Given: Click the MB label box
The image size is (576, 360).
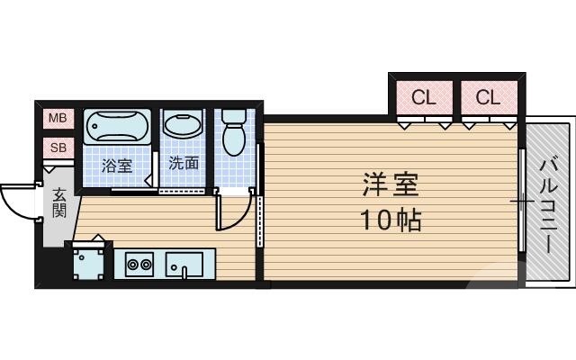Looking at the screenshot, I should click(57, 118).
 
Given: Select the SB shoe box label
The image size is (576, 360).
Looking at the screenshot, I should click(57, 147).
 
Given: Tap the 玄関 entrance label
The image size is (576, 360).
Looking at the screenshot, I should click(58, 203).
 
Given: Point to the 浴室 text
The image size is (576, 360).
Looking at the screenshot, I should click(116, 166).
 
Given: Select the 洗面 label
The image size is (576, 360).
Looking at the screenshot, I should click(184, 165).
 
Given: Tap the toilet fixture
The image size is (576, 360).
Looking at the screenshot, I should click(234, 133).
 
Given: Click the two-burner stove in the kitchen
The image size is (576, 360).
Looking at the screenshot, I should click(139, 265).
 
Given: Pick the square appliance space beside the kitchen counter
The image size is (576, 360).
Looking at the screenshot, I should click(89, 264).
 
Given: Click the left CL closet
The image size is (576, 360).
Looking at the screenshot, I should click(423, 97).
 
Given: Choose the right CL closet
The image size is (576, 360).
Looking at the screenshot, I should click(488, 97).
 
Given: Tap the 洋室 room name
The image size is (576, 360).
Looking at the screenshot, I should click(391, 185).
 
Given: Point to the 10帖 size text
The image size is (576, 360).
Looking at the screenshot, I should click(391, 220).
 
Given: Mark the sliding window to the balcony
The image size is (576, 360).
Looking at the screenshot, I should click(522, 202).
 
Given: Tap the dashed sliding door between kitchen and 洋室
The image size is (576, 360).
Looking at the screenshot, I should click(260, 229).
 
